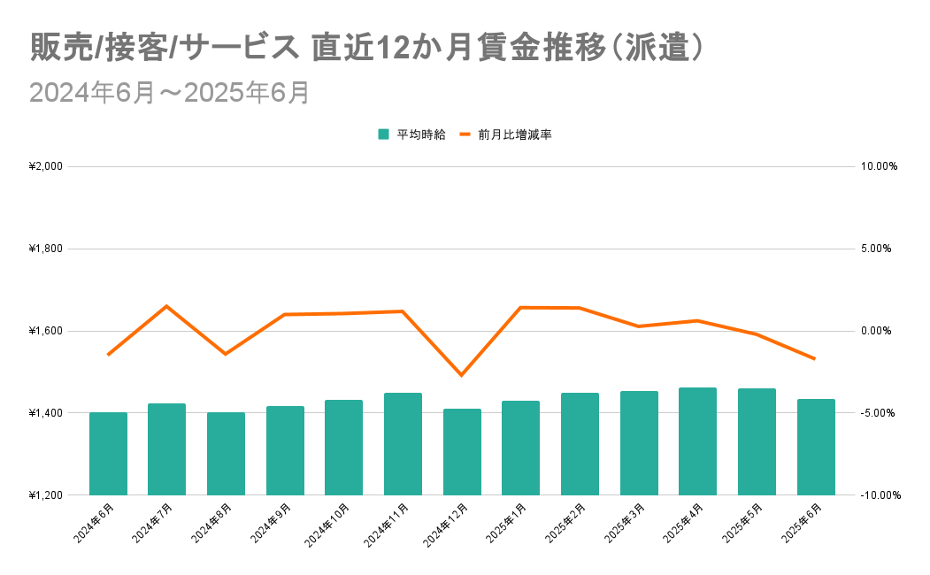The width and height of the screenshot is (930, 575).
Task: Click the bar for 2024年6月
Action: click(x=108, y=454)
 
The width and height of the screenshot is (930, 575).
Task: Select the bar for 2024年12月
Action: click(x=462, y=452)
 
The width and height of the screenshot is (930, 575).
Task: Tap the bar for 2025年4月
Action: click(x=697, y=441)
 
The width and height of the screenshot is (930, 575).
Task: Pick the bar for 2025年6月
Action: click(x=816, y=447)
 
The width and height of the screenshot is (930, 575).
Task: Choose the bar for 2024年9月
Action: click(x=285, y=450)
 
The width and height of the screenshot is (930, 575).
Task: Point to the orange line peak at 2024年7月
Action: click(x=166, y=306)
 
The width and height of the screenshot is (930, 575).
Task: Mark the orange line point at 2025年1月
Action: click(x=520, y=307)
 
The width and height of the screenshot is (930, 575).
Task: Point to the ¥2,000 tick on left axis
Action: click(x=45, y=166)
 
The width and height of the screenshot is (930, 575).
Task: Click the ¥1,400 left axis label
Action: click(x=45, y=413)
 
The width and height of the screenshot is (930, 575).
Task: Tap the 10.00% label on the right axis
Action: click(x=879, y=166)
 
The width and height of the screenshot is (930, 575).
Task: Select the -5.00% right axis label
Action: click(x=879, y=413)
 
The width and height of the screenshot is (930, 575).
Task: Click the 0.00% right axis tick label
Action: click(x=879, y=331)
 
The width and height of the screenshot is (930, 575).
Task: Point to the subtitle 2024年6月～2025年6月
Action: click(x=169, y=93)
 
